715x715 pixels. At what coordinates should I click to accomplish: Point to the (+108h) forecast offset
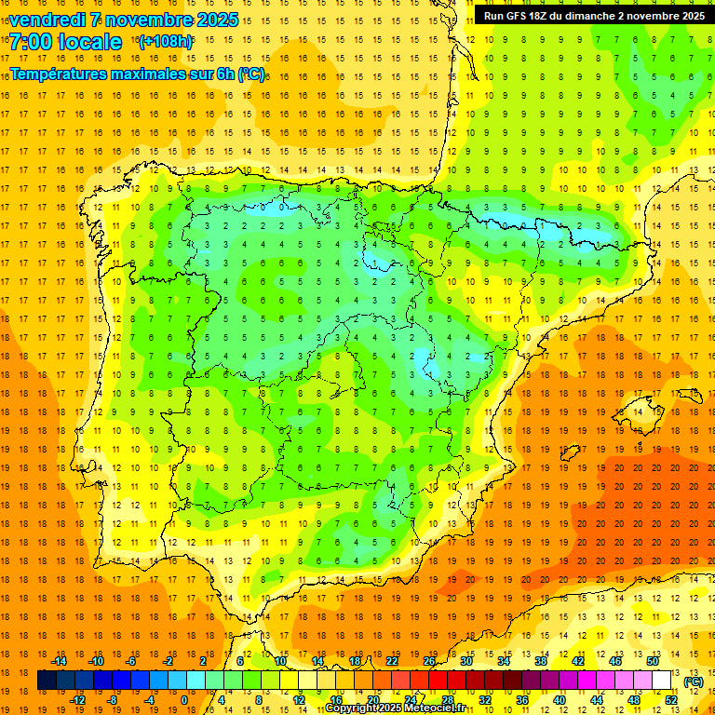(166, 42)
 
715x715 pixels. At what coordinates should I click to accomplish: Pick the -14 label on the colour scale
(59, 661)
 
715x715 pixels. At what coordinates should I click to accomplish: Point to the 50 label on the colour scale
(652, 661)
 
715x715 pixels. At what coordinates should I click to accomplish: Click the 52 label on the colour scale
(671, 700)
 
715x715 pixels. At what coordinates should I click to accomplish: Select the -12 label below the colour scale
(77, 700)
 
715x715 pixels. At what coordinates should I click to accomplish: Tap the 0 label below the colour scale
(183, 700)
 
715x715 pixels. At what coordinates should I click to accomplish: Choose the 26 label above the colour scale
(429, 661)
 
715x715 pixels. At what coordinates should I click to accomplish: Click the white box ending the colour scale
(662, 681)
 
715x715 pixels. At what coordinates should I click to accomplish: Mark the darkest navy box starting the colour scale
(47, 681)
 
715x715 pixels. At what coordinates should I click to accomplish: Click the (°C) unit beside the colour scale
(693, 681)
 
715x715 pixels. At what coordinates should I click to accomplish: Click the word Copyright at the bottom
(351, 708)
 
